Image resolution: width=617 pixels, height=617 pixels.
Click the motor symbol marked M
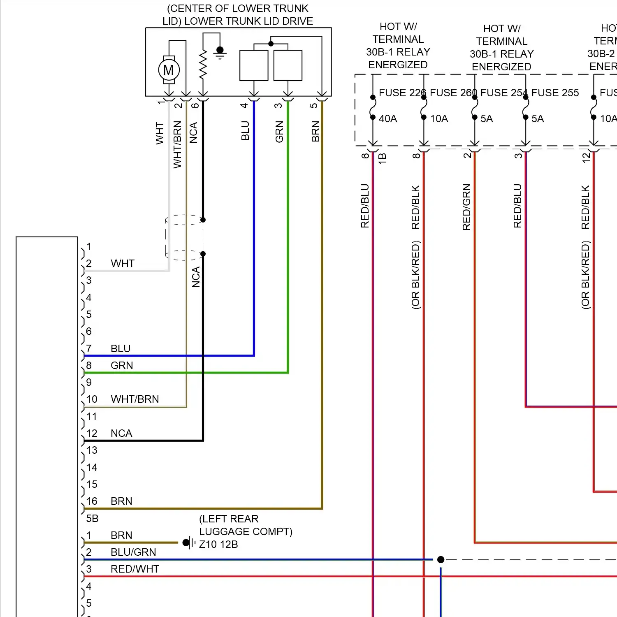pyautogui.click(x=169, y=70)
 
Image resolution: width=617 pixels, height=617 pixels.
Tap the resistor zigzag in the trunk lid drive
pyautogui.click(x=203, y=65)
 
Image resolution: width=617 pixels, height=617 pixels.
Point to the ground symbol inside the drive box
pyautogui.click(x=220, y=52)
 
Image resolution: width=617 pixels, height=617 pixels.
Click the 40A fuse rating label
pyautogui.click(x=387, y=119)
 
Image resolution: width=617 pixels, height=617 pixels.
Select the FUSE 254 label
pyautogui.click(x=503, y=93)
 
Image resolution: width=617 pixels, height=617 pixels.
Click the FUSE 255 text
pyautogui.click(x=555, y=93)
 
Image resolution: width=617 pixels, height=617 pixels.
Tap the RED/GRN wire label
pyautogui.click(x=466, y=207)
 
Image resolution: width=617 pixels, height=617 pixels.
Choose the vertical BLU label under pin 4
pyautogui.click(x=246, y=130)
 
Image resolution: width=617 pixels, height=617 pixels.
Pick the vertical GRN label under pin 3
pyautogui.click(x=280, y=132)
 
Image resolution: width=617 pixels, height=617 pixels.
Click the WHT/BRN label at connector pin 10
pyautogui.click(x=135, y=399)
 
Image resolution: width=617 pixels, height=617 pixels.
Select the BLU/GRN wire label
pyautogui.click(x=133, y=552)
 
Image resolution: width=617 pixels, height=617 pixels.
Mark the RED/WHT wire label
pyautogui.click(x=135, y=569)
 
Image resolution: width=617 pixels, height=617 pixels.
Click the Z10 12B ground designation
pyautogui.click(x=218, y=544)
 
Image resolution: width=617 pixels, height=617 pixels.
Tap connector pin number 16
pyautogui.click(x=92, y=501)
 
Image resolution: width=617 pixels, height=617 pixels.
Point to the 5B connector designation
pyautogui.click(x=92, y=518)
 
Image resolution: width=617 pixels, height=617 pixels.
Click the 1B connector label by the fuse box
pyautogui.click(x=382, y=158)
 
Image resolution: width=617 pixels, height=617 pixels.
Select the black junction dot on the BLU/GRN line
pyautogui.click(x=441, y=559)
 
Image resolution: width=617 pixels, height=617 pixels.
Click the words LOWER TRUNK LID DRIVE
pyautogui.click(x=248, y=21)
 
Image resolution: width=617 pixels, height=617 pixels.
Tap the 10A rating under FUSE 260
pyautogui.click(x=439, y=119)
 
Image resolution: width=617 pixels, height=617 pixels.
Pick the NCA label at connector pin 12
pyautogui.click(x=121, y=433)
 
